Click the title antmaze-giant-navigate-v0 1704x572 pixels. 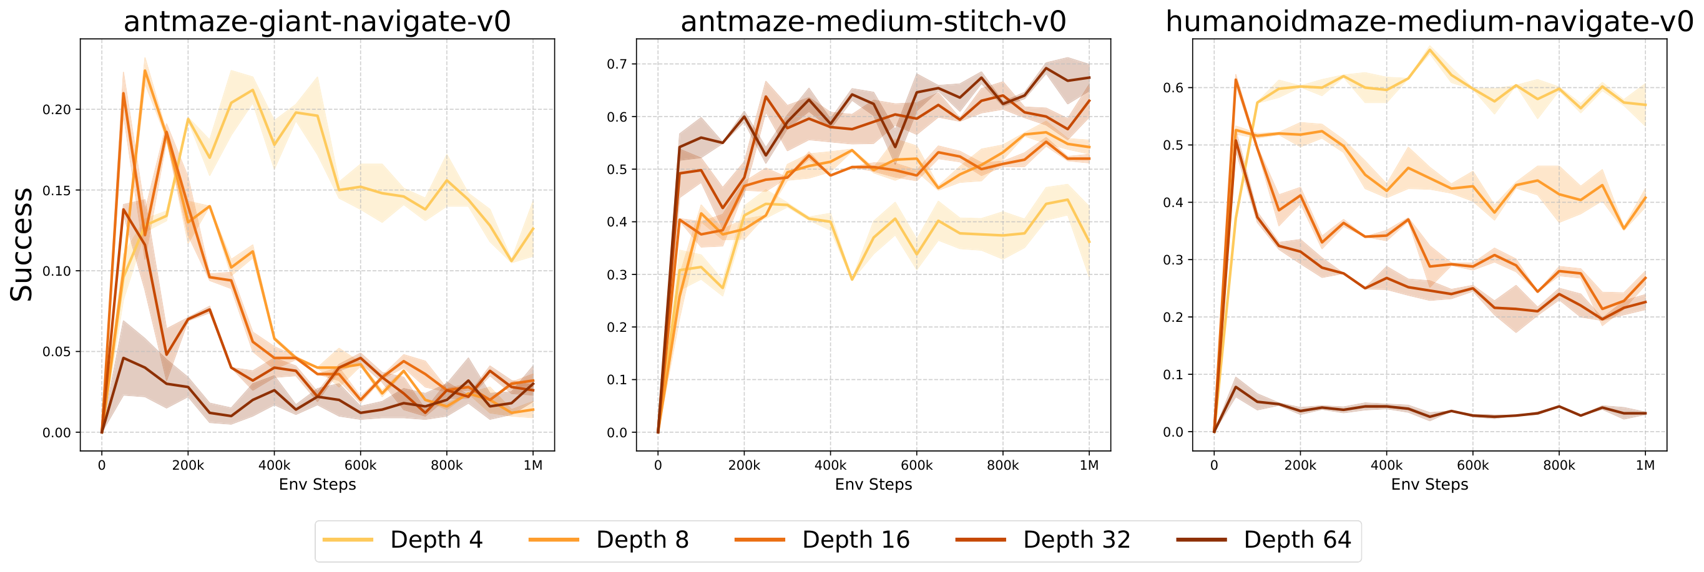pos(317,21)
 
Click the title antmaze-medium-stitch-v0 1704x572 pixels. pos(873,21)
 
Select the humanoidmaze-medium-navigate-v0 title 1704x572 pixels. pos(1429,21)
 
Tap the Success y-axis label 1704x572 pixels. pos(22,244)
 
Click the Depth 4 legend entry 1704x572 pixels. pos(436,540)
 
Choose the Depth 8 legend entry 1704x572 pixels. pos(642,540)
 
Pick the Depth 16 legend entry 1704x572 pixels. pos(855,540)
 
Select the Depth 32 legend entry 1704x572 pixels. pos(1076,540)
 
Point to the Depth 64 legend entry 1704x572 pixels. pos(1296,540)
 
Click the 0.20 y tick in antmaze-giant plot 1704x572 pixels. pos(56,109)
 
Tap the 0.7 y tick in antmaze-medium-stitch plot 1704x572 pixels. pos(618,64)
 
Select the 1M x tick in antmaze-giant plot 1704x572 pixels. pos(532,465)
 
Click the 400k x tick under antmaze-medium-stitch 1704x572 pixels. pos(830,465)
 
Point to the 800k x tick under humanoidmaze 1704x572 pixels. pos(1559,465)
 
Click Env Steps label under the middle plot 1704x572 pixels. pos(873,485)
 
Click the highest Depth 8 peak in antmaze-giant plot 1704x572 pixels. pos(145,70)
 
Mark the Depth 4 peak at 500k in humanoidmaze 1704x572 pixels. pos(1429,50)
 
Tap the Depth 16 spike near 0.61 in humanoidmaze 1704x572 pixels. pos(1236,79)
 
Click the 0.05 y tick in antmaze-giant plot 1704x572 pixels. pos(56,352)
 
